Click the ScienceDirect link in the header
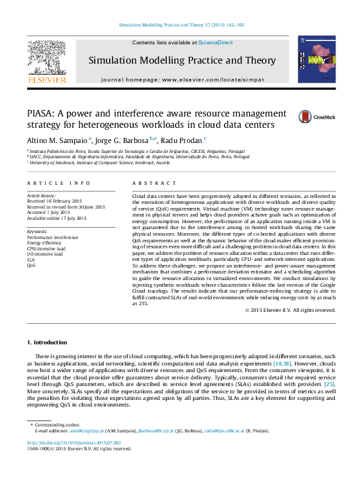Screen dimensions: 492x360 point(216,42)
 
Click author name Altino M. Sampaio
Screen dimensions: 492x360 point(57,140)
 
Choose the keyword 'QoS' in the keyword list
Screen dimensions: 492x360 point(31,264)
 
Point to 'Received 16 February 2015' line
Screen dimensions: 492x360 point(54,201)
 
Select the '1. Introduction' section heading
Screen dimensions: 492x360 point(46,342)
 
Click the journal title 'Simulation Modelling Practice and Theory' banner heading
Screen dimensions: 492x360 point(182,61)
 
